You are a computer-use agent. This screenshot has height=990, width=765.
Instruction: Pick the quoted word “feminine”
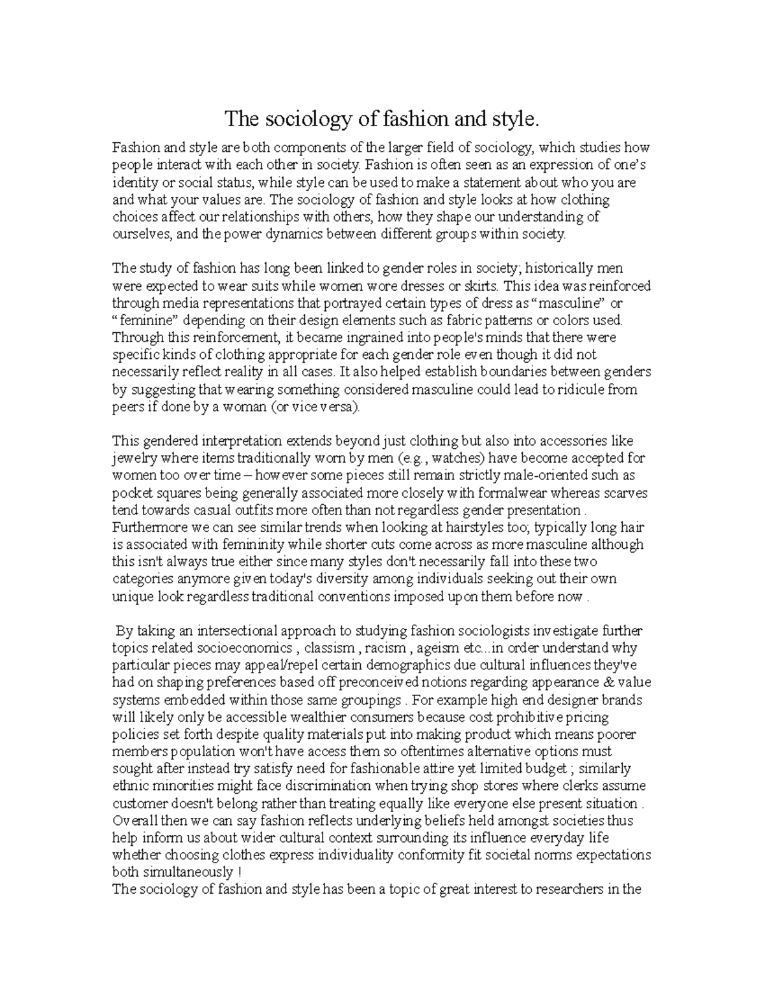[x=140, y=320]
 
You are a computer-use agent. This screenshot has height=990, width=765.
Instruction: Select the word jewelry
[x=134, y=458]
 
